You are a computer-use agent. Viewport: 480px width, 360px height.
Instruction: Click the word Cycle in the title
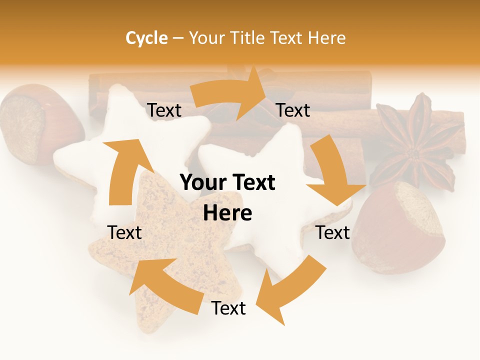pos(146,38)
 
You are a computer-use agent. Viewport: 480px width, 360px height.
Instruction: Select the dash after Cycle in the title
pos(178,38)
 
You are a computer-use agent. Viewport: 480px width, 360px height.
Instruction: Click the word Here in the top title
pos(326,38)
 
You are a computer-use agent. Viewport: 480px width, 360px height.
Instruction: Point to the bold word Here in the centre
pos(227,213)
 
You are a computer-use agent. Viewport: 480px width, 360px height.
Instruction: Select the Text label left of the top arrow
pos(164,110)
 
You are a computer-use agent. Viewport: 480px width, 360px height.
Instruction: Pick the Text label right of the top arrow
pos(293,110)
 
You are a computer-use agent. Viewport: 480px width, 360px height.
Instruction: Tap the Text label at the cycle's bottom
pos(228,308)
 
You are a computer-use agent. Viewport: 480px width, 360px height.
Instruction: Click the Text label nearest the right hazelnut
pos(333,232)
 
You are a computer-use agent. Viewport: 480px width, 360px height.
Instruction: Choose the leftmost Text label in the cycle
pos(124,232)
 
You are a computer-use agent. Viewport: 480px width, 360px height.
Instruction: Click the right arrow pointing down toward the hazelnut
pos(332,172)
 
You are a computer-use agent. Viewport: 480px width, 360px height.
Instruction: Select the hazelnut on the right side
pos(400,227)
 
